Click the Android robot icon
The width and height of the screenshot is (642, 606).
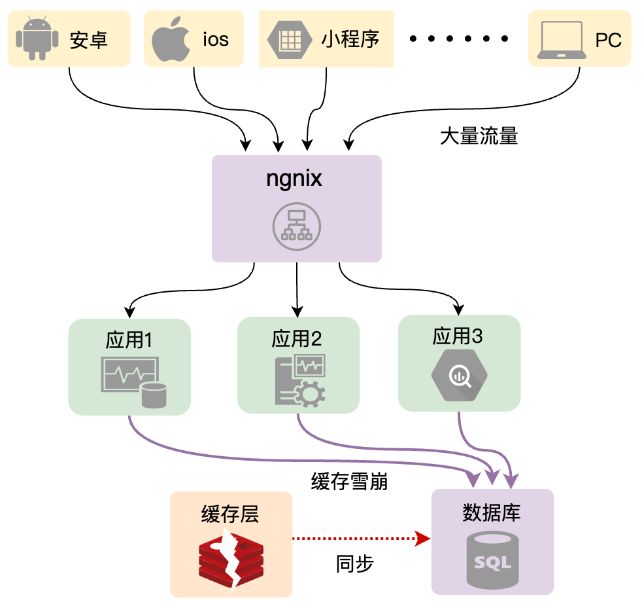pyautogui.click(x=37, y=39)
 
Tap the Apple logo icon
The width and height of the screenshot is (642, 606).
pyautogui.click(x=171, y=39)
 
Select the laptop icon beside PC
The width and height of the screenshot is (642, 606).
pyautogui.click(x=562, y=40)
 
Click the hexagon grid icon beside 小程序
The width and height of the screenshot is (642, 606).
pyautogui.click(x=290, y=40)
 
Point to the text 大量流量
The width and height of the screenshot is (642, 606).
pyautogui.click(x=479, y=135)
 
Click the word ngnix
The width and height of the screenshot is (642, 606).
pyautogui.click(x=294, y=179)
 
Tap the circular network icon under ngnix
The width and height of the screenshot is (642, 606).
pyautogui.click(x=296, y=226)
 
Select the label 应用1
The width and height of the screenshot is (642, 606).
pyautogui.click(x=129, y=340)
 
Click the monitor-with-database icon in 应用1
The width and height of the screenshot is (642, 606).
pyautogui.click(x=133, y=382)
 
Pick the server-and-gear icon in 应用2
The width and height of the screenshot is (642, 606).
pyautogui.click(x=301, y=381)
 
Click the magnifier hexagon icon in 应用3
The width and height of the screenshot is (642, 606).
pyautogui.click(x=459, y=375)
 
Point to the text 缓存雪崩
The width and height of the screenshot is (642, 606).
pyautogui.click(x=349, y=481)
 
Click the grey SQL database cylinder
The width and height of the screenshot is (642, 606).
pyautogui.click(x=492, y=560)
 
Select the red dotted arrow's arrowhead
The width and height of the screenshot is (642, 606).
pyautogui.click(x=422, y=539)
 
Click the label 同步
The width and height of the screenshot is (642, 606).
pyautogui.click(x=354, y=564)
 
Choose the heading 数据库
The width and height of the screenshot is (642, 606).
pyautogui.click(x=492, y=512)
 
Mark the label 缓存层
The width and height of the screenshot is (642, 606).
pyautogui.click(x=230, y=514)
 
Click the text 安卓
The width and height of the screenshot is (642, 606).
pyautogui.click(x=88, y=40)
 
